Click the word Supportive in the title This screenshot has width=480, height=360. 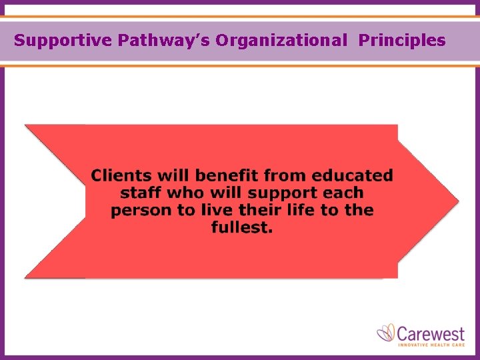tap(63, 41)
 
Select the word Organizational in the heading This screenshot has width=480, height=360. tap(281, 41)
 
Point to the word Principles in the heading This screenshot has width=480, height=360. tap(402, 41)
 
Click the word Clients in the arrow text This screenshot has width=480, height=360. tap(121, 176)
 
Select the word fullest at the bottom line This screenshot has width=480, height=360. tap(242, 228)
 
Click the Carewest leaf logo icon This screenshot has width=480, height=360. tap(386, 332)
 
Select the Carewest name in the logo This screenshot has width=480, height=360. tap(431, 332)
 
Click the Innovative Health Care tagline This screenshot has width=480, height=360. tap(431, 345)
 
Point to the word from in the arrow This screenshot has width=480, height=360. tap(287, 176)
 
